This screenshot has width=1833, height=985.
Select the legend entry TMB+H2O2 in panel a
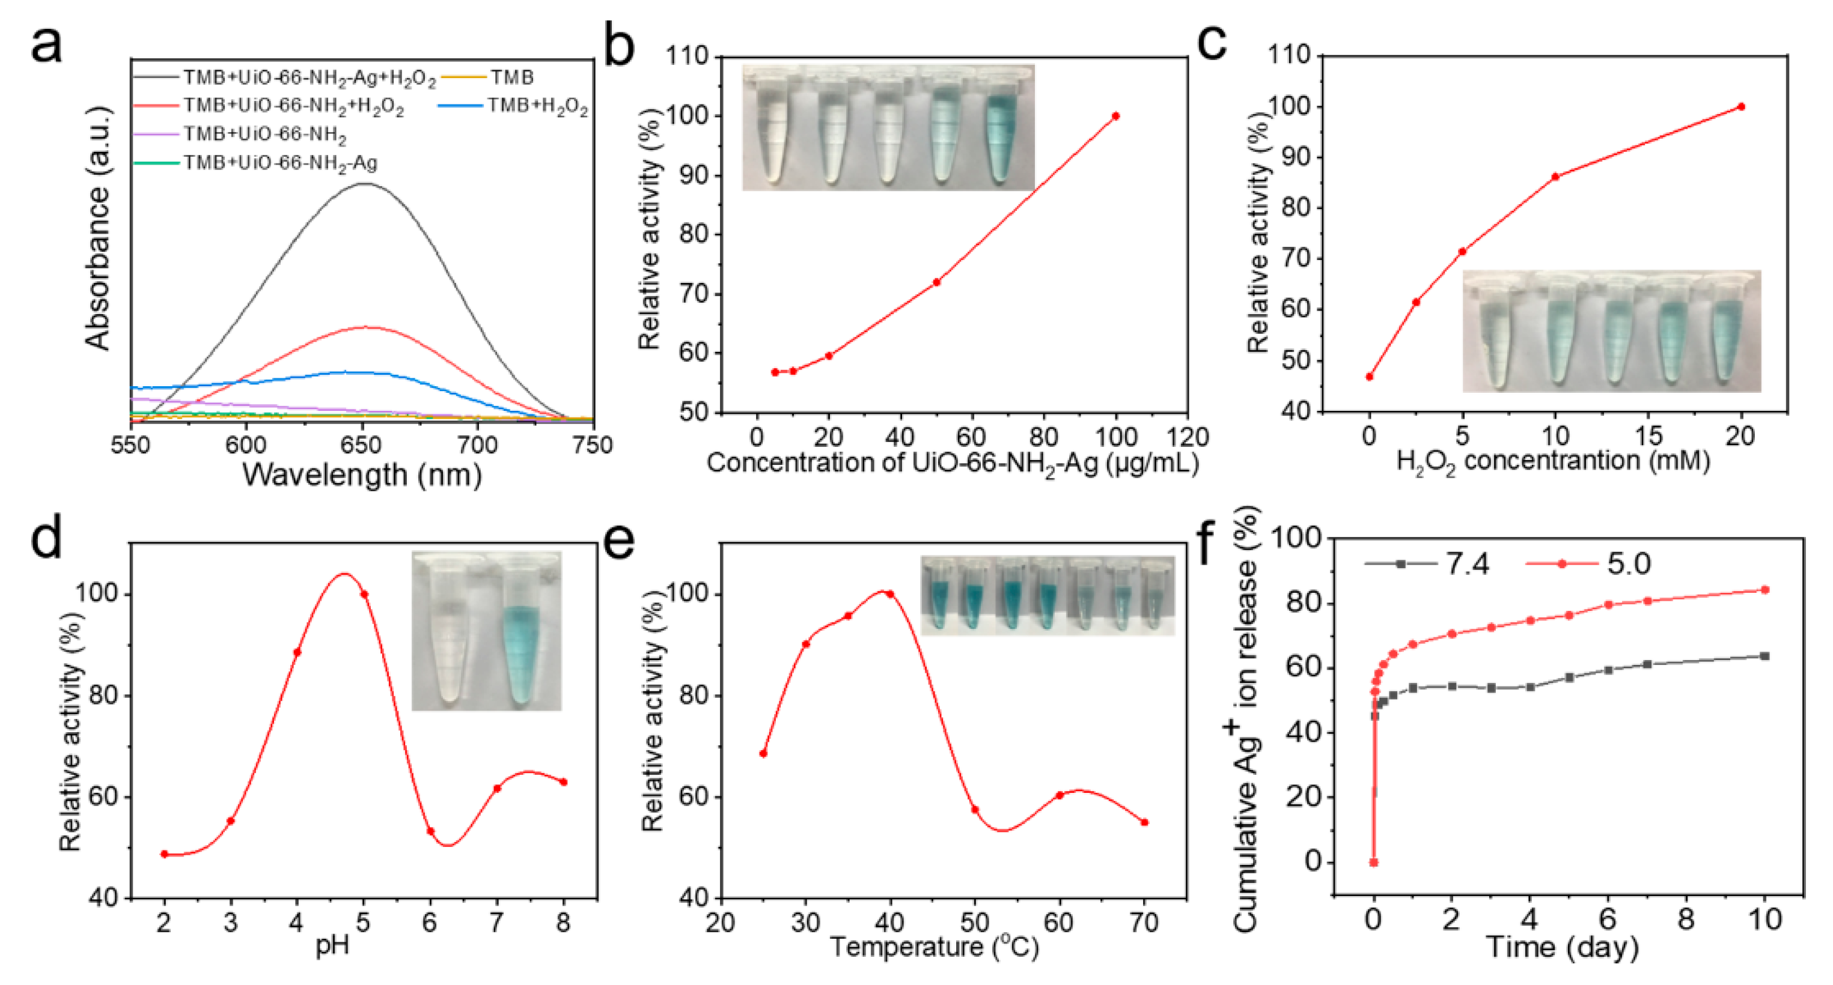pos(537,107)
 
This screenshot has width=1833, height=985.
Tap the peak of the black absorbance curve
pos(364,184)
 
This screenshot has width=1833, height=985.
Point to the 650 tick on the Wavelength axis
pos(361,445)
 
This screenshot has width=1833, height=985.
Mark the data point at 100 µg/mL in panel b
pos(1116,116)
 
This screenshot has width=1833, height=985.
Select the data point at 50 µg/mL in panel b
pos(936,282)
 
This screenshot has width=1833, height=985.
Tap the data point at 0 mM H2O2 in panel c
pos(1369,377)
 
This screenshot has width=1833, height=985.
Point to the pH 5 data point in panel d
pos(364,595)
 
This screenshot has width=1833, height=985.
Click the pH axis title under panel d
pos(332,946)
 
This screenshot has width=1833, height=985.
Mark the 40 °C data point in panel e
pos(889,594)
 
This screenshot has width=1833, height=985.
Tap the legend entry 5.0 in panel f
pos(1628,564)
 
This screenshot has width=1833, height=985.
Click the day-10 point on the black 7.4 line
pos(1764,656)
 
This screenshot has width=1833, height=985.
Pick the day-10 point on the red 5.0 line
pos(1764,590)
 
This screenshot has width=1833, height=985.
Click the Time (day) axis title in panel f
pos(1562,947)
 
